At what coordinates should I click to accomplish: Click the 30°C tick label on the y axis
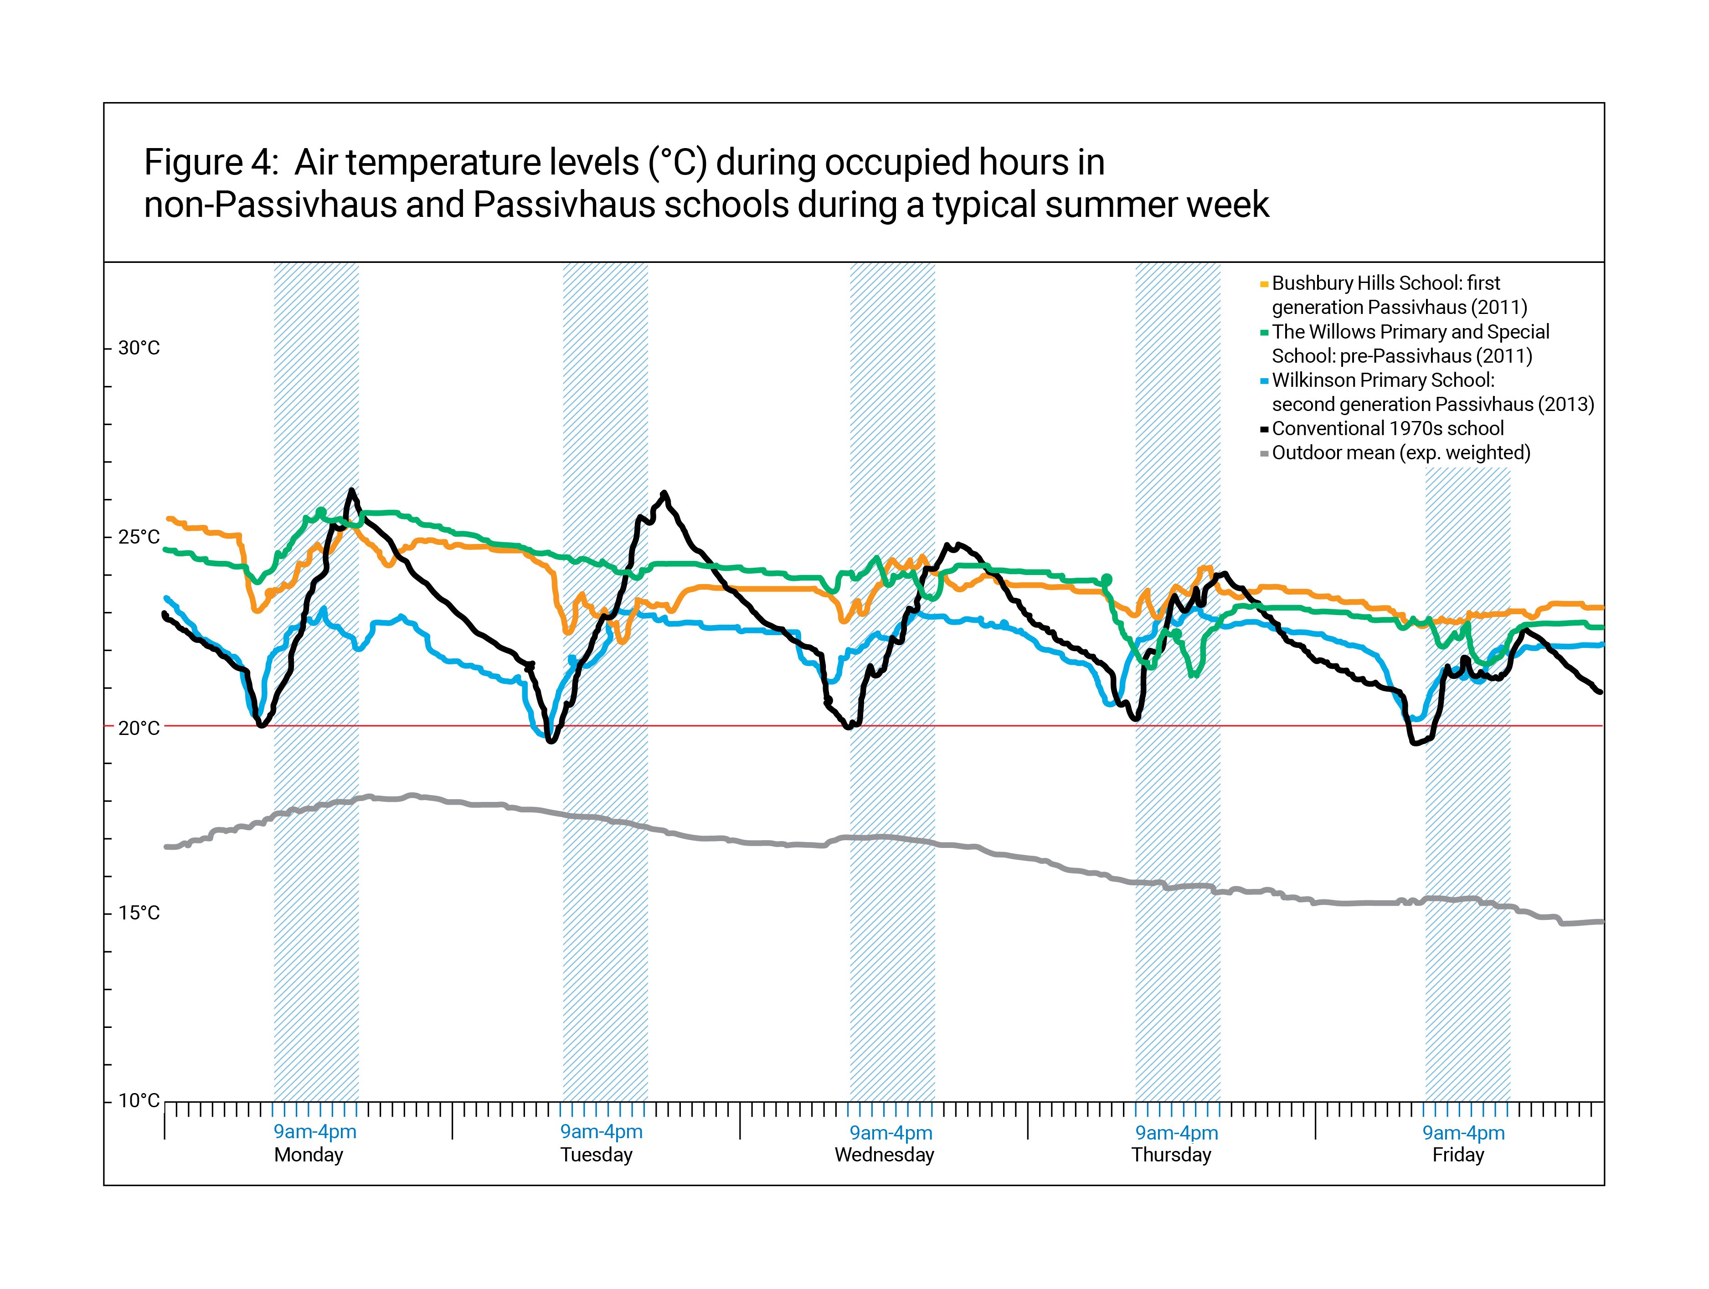[138, 348]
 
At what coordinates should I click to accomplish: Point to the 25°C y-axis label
[138, 537]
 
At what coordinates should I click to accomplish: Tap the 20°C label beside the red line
[138, 728]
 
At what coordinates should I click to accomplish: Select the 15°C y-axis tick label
[138, 913]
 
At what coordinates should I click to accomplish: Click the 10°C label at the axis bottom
[138, 1100]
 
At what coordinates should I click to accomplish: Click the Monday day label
[308, 1155]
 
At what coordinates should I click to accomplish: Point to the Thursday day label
[1171, 1155]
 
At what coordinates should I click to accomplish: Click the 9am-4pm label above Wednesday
[891, 1133]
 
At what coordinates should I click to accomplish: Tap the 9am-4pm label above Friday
[1463, 1133]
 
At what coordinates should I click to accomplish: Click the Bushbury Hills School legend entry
[1398, 295]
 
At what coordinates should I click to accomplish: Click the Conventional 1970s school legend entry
[1387, 429]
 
